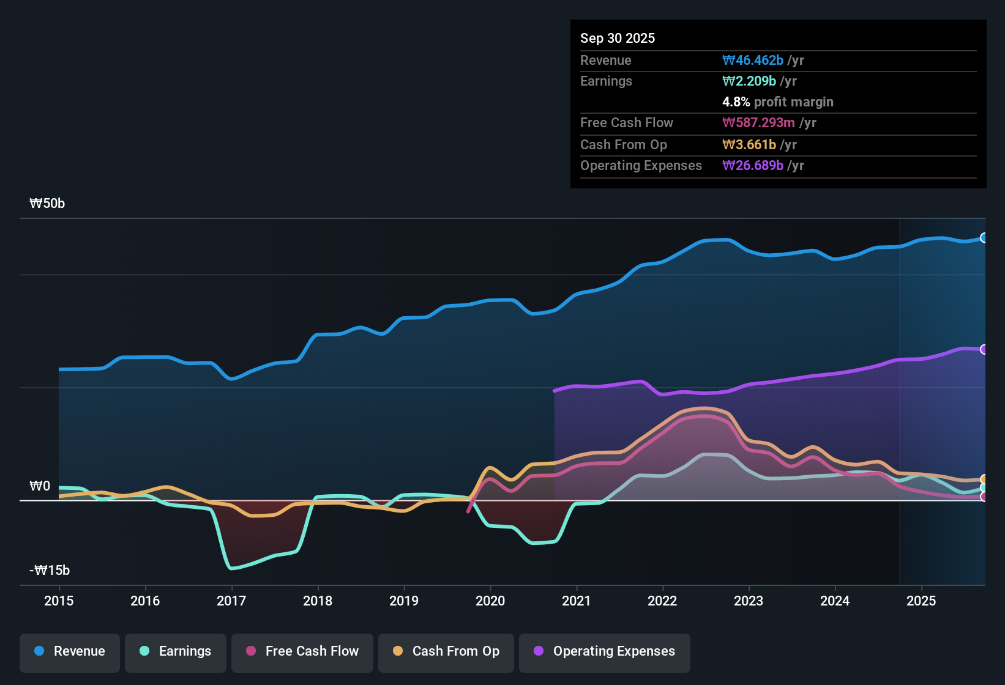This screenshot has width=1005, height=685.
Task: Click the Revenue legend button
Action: pos(70,651)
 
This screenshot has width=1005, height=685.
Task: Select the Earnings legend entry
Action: pos(176,651)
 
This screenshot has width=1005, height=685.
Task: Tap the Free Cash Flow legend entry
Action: pos(302,651)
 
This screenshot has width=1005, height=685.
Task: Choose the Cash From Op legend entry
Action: pos(446,651)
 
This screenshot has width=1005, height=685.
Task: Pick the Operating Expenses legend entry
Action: pos(605,651)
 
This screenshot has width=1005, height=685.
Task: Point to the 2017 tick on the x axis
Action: pos(231,601)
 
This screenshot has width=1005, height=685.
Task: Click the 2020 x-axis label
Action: pos(490,601)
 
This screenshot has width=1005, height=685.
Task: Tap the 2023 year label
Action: pos(749,601)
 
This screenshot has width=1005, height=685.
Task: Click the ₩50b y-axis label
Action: pos(47,204)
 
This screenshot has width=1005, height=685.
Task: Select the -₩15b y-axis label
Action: pos(50,571)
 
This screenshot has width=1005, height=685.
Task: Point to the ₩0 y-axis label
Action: pos(40,486)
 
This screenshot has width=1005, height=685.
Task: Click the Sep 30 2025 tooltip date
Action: pos(618,38)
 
